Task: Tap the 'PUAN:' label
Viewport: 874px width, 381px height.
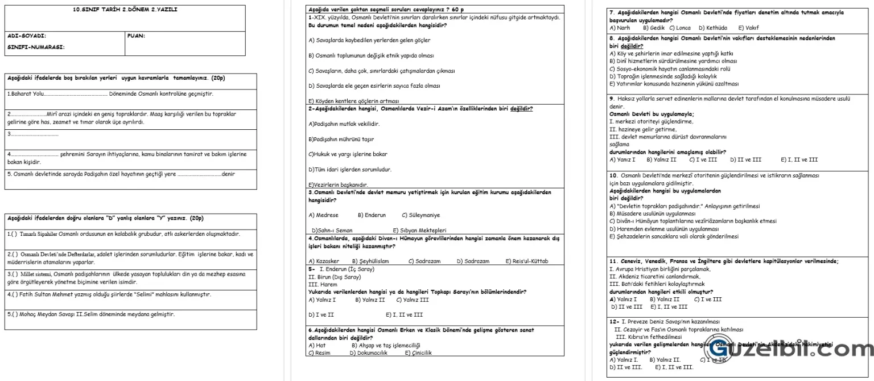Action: (137, 36)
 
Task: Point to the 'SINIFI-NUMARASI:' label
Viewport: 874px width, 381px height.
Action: (36, 47)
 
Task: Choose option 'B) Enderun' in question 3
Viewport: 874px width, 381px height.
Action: (372, 215)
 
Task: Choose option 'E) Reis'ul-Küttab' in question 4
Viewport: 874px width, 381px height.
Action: (526, 261)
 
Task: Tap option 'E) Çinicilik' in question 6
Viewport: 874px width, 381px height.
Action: (418, 353)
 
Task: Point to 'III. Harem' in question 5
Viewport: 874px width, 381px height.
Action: (319, 284)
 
